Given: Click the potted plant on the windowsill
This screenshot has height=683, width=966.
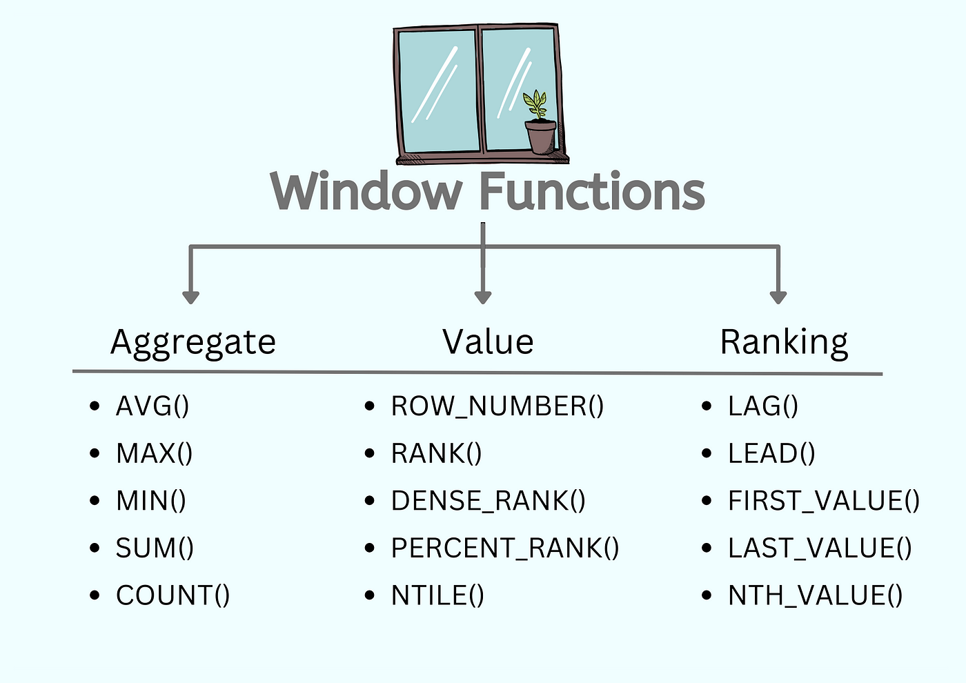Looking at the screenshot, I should pos(540,124).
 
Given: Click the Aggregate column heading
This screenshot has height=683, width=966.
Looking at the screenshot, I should pos(193,342).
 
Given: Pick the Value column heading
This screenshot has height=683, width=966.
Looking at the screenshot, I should pos(488,342).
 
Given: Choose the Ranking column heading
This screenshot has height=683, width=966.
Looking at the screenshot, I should pos(784,342).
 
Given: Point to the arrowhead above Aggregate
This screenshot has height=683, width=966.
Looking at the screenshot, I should pos(191,297).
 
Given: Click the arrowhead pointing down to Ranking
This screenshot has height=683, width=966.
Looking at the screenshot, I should pos(778,297).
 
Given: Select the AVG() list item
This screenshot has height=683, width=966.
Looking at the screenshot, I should pos(152,406).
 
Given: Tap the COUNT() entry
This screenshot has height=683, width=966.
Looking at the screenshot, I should pos(172,595).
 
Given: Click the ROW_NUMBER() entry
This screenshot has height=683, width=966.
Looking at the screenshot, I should pos(497,406).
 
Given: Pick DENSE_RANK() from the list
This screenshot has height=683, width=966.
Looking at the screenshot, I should pos(488,501).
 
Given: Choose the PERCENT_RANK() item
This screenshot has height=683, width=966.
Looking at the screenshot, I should pos(505,548).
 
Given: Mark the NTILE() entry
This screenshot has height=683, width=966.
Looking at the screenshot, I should pos(437,595).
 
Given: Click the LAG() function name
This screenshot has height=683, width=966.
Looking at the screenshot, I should pos(763,406).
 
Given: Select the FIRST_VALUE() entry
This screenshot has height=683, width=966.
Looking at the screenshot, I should pos(824,501).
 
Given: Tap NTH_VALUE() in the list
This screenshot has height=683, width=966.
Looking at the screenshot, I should pos(815,595).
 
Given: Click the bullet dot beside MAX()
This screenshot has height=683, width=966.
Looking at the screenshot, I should pos(95,453).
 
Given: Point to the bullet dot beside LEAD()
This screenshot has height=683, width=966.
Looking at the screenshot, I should pos(707,453).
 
